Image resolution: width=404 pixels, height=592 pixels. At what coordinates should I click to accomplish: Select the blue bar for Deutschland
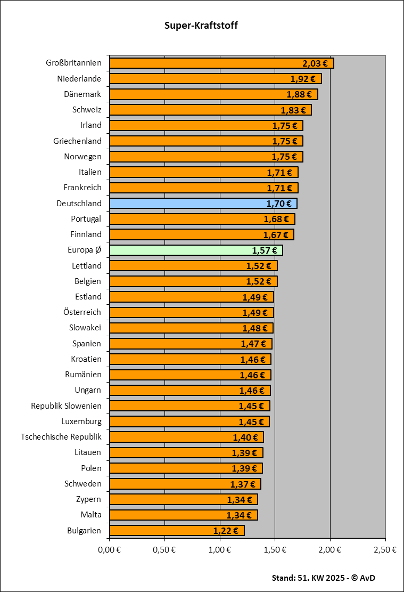[x=202, y=203]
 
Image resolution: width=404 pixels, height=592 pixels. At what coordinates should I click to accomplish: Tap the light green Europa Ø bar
[x=195, y=250]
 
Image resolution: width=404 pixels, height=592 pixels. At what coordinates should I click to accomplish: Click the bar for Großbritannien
[x=221, y=63]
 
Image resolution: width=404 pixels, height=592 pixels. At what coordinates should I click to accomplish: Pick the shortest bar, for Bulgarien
[x=176, y=530]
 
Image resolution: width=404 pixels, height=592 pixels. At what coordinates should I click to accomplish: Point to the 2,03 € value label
[x=315, y=63]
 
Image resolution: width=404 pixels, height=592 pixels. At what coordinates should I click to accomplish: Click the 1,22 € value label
[x=226, y=531]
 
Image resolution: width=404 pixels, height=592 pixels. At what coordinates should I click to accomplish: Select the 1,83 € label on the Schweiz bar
[x=293, y=110]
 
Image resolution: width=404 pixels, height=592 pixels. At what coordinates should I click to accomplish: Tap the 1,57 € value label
[x=265, y=250]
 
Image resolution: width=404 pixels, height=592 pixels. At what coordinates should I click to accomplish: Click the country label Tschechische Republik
[x=61, y=437]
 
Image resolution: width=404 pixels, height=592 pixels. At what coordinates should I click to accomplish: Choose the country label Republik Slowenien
[x=66, y=406]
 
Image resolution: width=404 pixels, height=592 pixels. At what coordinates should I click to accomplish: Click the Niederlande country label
[x=79, y=79]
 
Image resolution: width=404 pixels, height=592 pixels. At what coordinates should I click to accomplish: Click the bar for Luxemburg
[x=189, y=421]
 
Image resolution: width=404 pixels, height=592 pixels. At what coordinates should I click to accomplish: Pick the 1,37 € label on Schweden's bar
[x=243, y=484]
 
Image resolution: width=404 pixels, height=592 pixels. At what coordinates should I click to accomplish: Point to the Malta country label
[x=90, y=515]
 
